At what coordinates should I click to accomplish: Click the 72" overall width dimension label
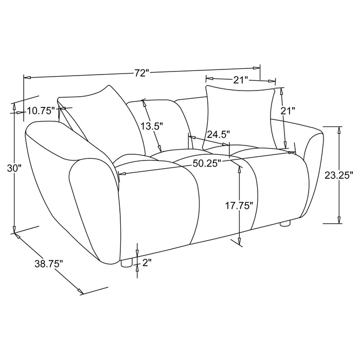pyautogui.click(x=141, y=73)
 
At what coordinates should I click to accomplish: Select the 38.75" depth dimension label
pyautogui.click(x=49, y=264)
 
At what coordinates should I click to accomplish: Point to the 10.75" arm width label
pyautogui.click(x=41, y=110)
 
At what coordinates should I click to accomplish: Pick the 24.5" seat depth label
pyautogui.click(x=218, y=135)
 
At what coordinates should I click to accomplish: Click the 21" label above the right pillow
pyautogui.click(x=240, y=80)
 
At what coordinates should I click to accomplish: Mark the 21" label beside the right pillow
pyautogui.click(x=289, y=111)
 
